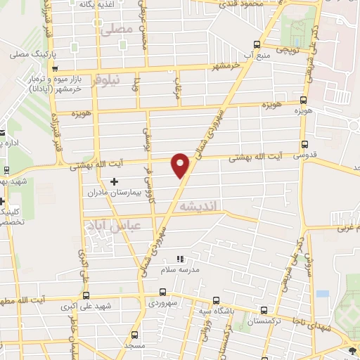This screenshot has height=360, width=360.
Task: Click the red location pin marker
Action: click(x=181, y=165)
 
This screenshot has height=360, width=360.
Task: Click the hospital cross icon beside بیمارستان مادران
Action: click(x=115, y=181)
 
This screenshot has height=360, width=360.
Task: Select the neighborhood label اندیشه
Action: click(x=201, y=207)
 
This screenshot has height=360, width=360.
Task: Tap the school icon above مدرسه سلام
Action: click(x=179, y=259)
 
